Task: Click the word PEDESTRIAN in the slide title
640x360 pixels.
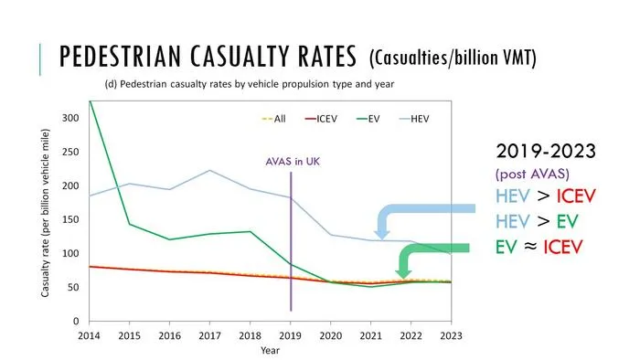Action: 120,57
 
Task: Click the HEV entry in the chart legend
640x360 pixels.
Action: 414,119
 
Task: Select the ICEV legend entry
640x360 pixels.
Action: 321,119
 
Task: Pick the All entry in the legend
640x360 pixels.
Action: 273,119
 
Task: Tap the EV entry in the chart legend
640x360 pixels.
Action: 368,119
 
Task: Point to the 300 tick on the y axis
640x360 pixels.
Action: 70,118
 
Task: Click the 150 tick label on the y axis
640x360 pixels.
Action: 70,219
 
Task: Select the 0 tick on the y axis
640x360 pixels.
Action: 76,322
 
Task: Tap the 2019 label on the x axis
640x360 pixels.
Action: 290,336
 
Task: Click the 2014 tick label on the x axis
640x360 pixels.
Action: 89,336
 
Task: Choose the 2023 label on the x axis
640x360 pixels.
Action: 451,336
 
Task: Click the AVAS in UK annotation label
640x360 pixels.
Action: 293,162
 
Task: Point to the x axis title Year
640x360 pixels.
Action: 271,350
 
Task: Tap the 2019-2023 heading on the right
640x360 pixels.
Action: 546,151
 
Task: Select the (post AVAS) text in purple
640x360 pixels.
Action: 532,175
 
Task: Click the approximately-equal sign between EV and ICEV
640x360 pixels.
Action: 530,247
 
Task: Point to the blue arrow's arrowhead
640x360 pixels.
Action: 381,235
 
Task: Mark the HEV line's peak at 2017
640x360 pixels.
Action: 209,170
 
